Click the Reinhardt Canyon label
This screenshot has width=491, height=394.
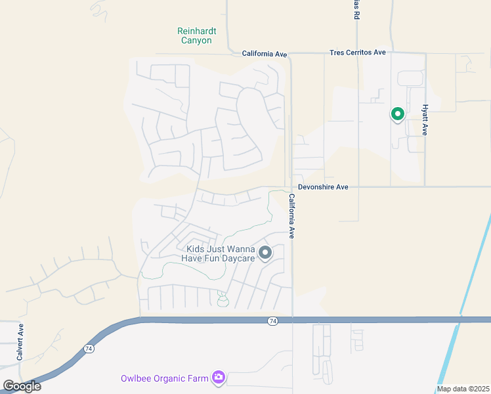pyautogui.click(x=196, y=35)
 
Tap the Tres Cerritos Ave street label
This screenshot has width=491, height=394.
pyautogui.click(x=357, y=53)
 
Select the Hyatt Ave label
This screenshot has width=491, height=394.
pyautogui.click(x=425, y=120)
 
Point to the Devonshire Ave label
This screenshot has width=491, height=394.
pyautogui.click(x=322, y=187)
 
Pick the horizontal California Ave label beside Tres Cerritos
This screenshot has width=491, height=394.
pyautogui.click(x=265, y=53)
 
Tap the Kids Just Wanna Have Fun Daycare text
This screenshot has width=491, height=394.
pyautogui.click(x=221, y=253)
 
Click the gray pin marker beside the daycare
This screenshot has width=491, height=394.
pyautogui.click(x=265, y=253)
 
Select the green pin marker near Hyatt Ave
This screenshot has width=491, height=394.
pyautogui.click(x=397, y=115)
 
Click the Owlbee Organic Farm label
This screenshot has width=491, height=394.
pyautogui.click(x=164, y=378)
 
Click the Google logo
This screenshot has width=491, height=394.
pyautogui.click(x=22, y=386)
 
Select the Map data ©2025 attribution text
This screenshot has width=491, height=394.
pyautogui.click(x=462, y=389)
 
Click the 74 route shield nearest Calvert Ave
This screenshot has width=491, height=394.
pyautogui.click(x=89, y=349)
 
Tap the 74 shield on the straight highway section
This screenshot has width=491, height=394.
pyautogui.click(x=272, y=320)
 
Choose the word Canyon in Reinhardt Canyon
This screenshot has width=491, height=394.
pyautogui.click(x=196, y=41)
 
